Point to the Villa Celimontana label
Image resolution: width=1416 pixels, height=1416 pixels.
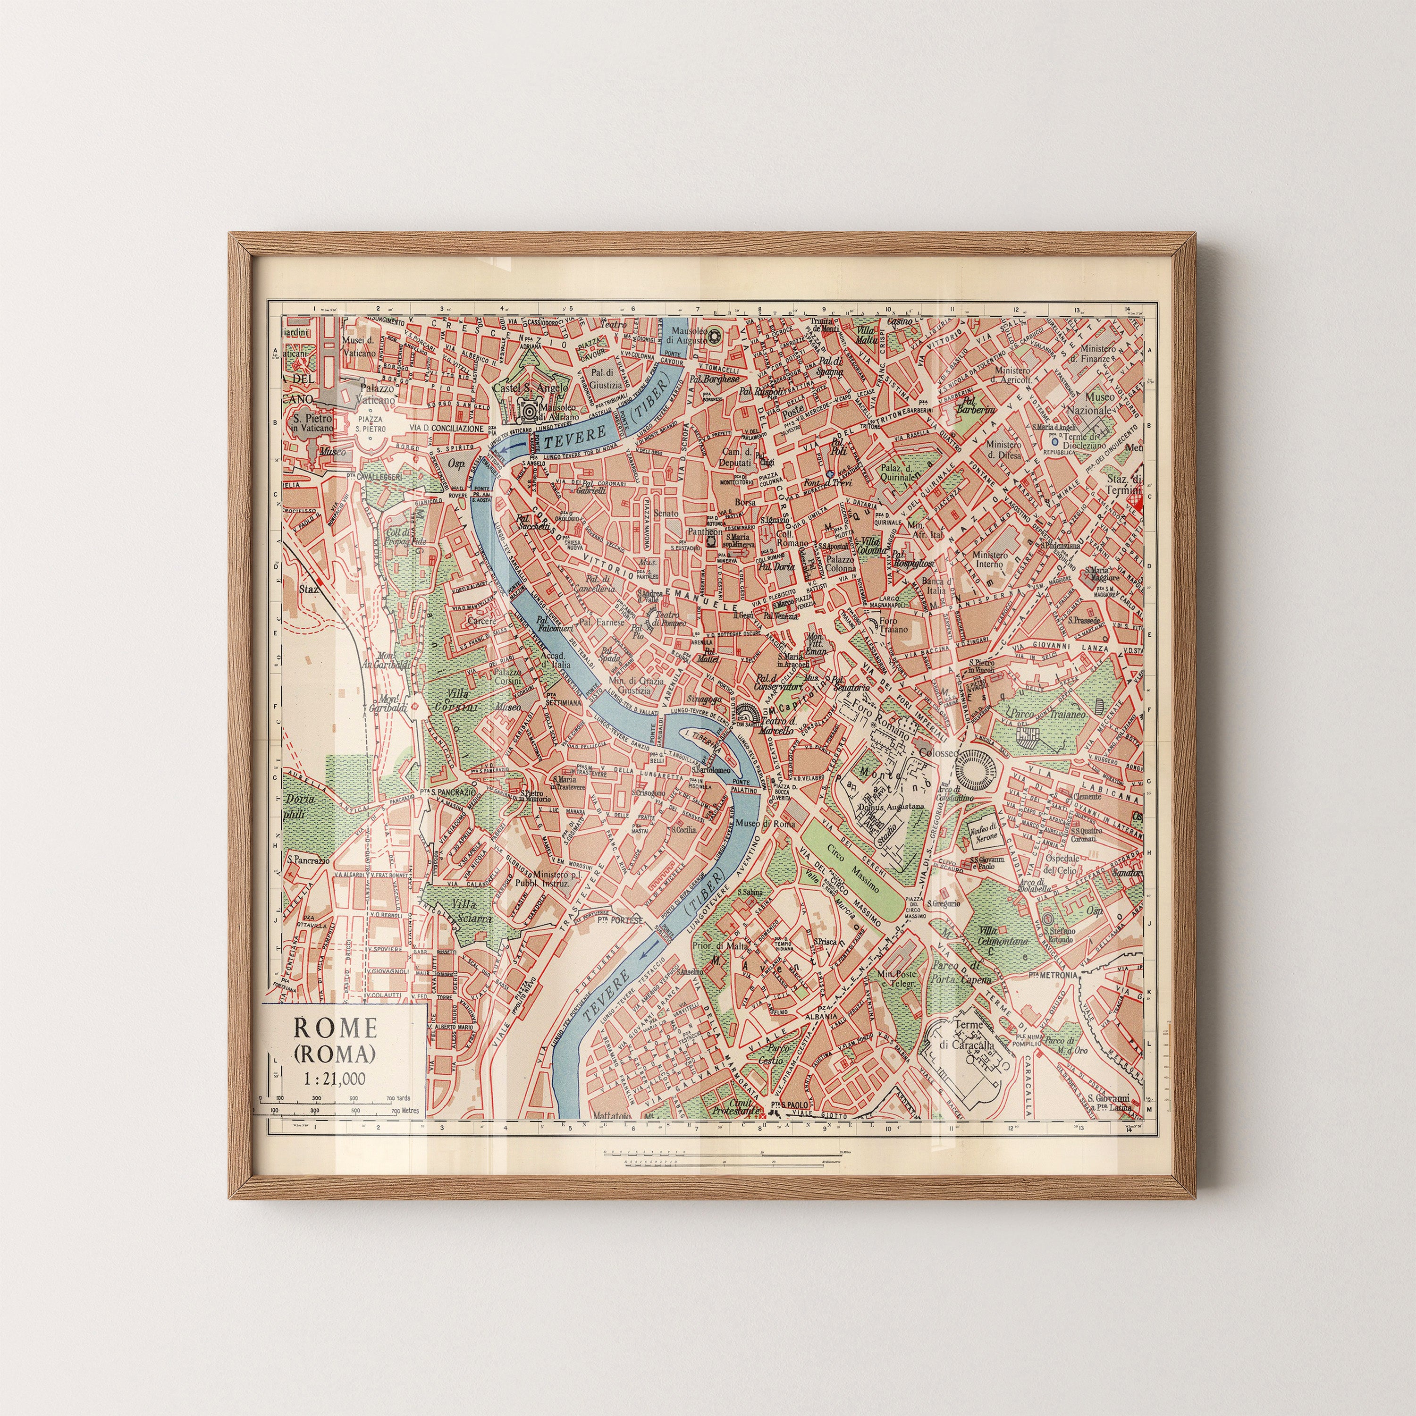pos(1002,935)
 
